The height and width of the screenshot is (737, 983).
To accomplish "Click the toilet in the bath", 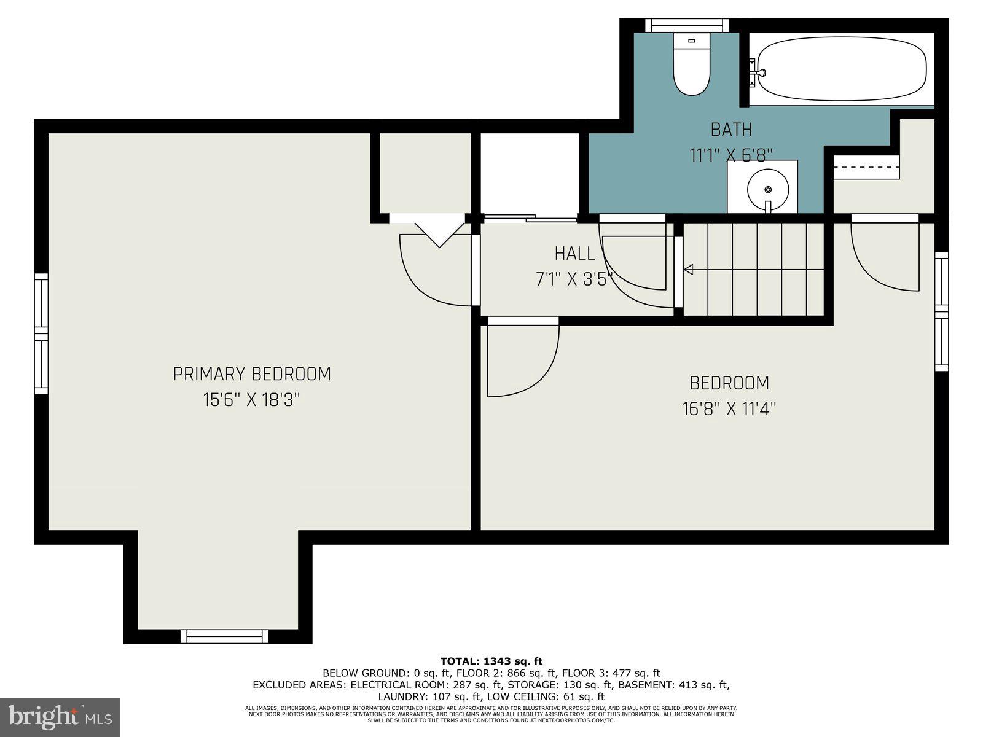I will [x=691, y=66].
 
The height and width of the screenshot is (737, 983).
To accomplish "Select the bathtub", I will [x=842, y=69].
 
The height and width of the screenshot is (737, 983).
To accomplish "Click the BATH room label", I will [x=731, y=130].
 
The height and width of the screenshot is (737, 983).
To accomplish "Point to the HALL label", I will [x=574, y=253].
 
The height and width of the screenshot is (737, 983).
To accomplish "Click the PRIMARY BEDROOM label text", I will [x=252, y=374].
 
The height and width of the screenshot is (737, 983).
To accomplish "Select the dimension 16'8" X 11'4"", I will [x=729, y=409].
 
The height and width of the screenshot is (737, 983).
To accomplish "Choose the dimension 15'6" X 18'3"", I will [x=252, y=400].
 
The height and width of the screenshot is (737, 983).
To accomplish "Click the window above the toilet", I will [x=686, y=25].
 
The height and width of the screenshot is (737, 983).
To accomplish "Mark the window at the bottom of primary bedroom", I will [x=224, y=636].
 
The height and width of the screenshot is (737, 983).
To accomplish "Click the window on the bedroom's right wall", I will [x=941, y=312].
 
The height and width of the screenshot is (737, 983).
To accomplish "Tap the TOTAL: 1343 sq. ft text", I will [x=491, y=661].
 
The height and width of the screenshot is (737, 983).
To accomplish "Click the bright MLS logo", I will [x=60, y=717].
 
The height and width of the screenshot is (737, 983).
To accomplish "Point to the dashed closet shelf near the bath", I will [x=866, y=167].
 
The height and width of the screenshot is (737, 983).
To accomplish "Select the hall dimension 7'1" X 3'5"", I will [x=574, y=279].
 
